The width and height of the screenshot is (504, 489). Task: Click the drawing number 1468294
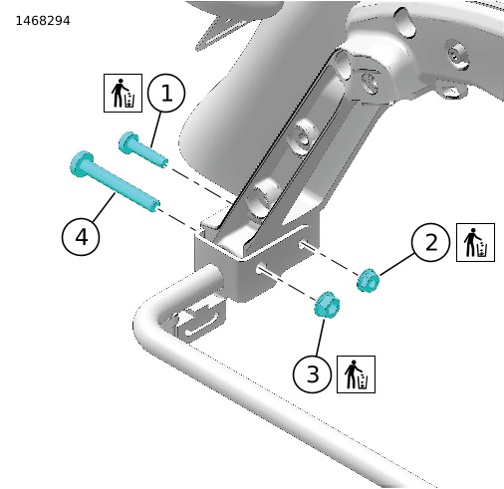(x=43, y=21)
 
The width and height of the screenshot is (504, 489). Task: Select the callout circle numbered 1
(x=166, y=93)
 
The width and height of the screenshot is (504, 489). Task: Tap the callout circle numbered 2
(x=430, y=242)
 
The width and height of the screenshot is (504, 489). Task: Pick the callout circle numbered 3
(x=312, y=374)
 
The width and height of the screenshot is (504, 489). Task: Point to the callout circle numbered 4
(x=81, y=237)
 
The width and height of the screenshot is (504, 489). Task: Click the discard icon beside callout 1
(x=123, y=93)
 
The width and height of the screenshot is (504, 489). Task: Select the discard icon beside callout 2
(x=475, y=242)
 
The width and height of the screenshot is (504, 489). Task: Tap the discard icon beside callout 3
(x=356, y=374)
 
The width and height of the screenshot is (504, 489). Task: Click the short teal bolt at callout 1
(x=142, y=149)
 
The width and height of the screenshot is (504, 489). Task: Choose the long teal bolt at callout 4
(x=115, y=181)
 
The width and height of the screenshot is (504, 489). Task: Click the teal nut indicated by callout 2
(x=368, y=281)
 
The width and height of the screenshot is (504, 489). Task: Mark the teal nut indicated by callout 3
(x=327, y=305)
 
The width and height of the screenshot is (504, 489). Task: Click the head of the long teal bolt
(x=82, y=162)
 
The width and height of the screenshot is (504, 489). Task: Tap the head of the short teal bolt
(x=128, y=142)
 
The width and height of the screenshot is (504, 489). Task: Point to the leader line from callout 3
(x=321, y=337)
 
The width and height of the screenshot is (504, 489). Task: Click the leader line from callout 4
(x=104, y=207)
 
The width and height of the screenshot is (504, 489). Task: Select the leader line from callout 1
(x=156, y=129)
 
